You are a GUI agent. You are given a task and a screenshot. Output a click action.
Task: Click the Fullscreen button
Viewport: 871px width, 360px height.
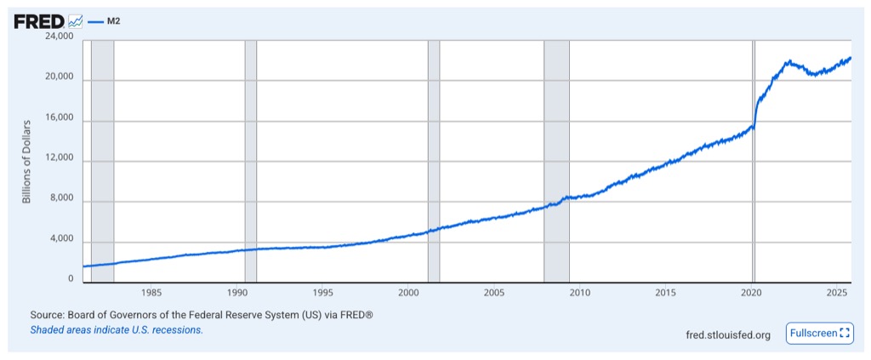819,334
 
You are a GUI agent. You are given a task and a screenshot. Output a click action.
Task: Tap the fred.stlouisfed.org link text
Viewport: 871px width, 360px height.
727,334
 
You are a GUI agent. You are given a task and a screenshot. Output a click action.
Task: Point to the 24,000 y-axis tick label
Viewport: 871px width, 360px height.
60,37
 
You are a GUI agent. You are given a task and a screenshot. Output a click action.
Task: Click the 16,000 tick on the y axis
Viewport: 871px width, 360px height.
60,119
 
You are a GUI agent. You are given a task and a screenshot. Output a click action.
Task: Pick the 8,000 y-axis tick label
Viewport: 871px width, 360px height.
62,200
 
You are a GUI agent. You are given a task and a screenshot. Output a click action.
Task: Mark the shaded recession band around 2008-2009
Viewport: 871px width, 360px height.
556,160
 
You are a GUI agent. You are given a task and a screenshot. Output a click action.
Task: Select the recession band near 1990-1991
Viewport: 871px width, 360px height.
250,160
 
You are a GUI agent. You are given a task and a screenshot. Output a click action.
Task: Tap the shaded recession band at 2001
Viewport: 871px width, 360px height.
434,160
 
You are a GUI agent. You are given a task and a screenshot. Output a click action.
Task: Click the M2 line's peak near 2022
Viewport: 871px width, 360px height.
789,61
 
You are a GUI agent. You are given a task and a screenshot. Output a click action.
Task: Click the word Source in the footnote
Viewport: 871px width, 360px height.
48,315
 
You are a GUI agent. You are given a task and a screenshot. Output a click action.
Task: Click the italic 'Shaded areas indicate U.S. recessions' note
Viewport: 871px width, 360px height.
117,329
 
